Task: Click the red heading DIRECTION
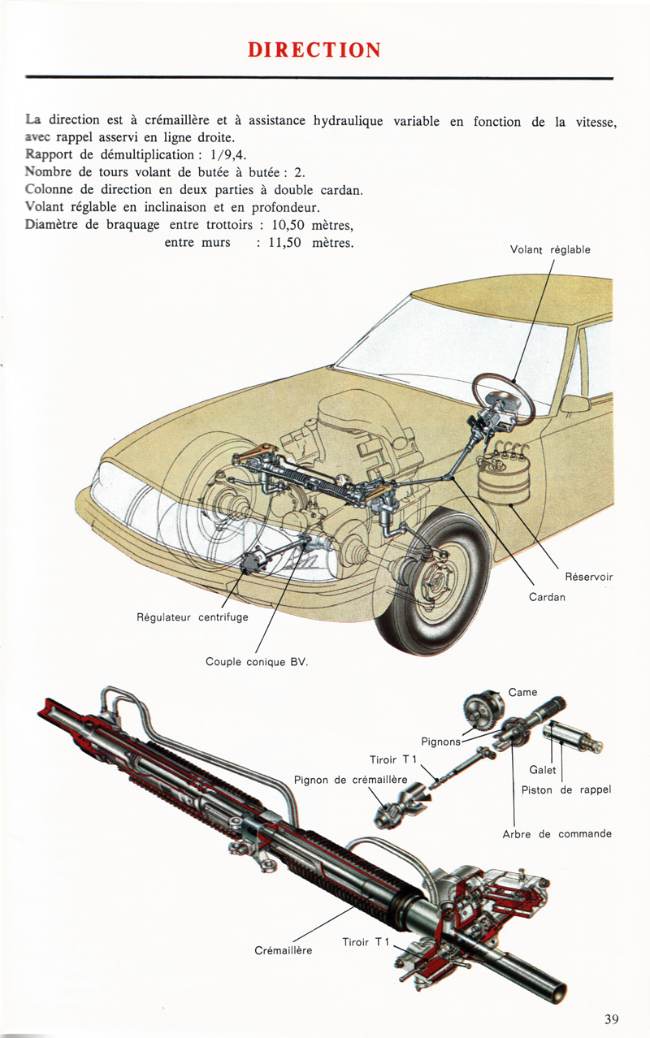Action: [314, 50]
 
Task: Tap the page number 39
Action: [612, 1019]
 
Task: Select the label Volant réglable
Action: [550, 250]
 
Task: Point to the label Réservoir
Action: [588, 577]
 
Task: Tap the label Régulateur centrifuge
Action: [193, 617]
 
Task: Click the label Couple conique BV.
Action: [257, 662]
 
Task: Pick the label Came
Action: [522, 693]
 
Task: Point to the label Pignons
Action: [440, 741]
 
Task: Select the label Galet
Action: [542, 770]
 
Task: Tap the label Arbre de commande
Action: [557, 834]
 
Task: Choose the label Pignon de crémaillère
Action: [350, 781]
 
